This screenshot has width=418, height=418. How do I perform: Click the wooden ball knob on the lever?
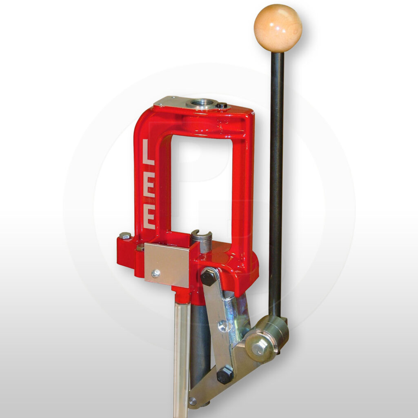(278, 28)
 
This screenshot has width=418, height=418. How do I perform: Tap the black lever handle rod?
(276, 184)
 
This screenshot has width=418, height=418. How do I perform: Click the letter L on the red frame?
(148, 152)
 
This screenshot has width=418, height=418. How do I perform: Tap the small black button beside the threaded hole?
(222, 106)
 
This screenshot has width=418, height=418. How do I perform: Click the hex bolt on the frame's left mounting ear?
(125, 236)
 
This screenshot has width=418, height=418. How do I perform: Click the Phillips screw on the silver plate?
(156, 273)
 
